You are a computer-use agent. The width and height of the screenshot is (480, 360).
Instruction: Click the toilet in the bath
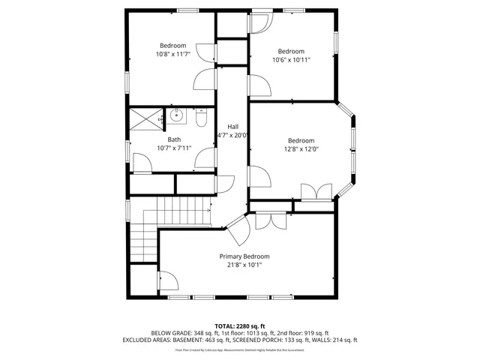tap(201, 118)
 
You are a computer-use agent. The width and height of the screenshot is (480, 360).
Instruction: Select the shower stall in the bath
tap(147, 119)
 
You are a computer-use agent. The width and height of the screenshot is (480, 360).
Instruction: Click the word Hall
tap(233, 126)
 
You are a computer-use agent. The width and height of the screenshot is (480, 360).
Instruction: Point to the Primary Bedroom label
tap(244, 256)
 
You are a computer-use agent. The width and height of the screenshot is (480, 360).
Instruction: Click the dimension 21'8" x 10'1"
tap(244, 265)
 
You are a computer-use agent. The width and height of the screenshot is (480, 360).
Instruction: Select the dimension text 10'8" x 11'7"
tap(173, 54)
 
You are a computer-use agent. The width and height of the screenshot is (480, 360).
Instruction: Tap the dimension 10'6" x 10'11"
tap(291, 59)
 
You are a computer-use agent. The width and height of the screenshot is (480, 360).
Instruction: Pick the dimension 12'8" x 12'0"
tap(301, 148)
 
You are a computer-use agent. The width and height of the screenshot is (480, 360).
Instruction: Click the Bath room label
tap(174, 139)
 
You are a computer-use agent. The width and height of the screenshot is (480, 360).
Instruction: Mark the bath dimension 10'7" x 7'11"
tap(174, 148)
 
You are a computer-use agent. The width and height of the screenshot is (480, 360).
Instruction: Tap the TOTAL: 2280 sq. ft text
tap(240, 325)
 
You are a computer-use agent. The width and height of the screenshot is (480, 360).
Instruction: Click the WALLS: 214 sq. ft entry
tap(338, 340)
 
